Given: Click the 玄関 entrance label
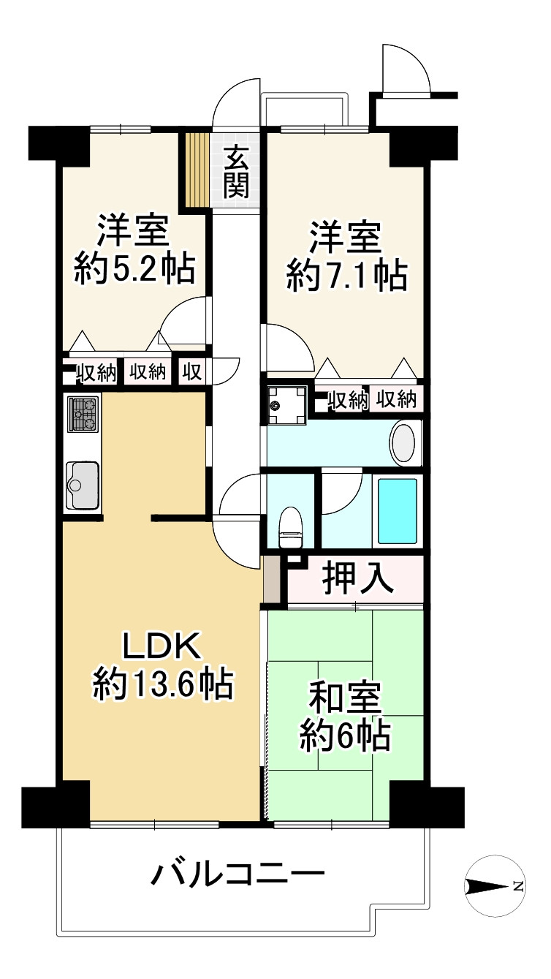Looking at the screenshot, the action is (x=236, y=172).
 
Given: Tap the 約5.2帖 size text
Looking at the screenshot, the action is (x=134, y=268).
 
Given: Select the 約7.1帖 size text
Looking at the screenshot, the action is (x=346, y=276).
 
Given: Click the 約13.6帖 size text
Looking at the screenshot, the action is (x=162, y=684).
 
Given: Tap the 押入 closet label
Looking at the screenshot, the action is (x=358, y=580).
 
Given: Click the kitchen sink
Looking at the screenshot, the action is (x=82, y=485).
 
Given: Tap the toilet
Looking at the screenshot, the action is (x=290, y=527).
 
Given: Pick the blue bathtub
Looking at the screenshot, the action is (x=398, y=511).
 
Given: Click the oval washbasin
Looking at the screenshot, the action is (x=403, y=443).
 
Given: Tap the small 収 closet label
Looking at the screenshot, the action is (x=191, y=371).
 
